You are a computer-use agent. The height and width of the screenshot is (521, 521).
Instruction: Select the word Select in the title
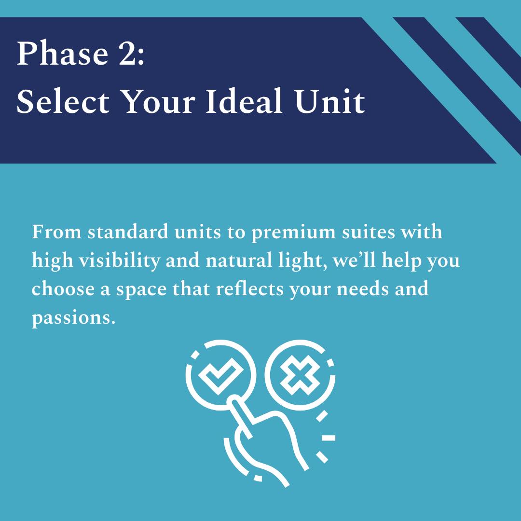tap(63, 101)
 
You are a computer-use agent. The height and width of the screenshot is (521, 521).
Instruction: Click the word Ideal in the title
tap(244, 101)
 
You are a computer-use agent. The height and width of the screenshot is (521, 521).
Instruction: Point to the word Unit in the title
tap(329, 101)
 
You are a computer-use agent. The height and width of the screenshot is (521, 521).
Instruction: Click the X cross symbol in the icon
tap(301, 375)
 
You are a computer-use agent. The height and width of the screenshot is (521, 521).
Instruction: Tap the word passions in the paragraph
tap(73, 319)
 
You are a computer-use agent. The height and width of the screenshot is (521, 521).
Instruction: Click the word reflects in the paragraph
tap(250, 289)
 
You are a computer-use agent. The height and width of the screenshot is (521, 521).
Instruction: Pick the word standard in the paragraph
tap(128, 232)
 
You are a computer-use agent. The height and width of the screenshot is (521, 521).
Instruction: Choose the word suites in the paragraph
tap(369, 232)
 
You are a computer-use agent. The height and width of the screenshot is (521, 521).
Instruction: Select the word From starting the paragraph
tap(56, 232)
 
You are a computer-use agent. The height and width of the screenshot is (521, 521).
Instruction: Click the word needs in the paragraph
tap(362, 289)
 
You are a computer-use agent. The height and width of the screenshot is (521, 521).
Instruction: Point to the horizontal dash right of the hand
tap(329, 438)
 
